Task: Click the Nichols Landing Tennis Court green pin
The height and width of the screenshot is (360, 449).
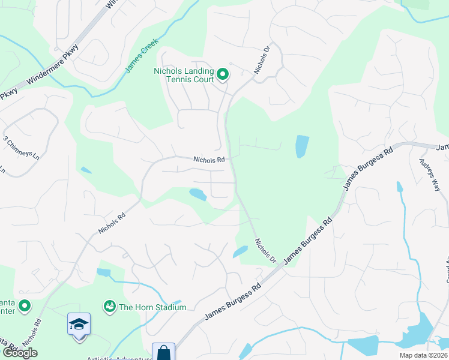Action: tap(223, 75)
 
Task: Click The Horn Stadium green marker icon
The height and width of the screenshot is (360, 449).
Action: tap(109, 307)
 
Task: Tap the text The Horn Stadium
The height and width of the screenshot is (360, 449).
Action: tap(152, 307)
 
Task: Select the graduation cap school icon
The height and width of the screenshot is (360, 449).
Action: tap(79, 325)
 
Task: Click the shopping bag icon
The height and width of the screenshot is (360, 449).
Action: tap(163, 353)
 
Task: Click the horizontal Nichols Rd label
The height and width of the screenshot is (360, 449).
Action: tap(209, 160)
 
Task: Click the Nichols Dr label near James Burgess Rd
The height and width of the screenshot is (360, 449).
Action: tap(265, 251)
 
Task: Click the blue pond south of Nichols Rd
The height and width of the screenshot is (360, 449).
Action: tap(197, 194)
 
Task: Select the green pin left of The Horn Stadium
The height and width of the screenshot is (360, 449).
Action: tap(25, 307)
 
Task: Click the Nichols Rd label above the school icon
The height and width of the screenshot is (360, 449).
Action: tap(32, 331)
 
